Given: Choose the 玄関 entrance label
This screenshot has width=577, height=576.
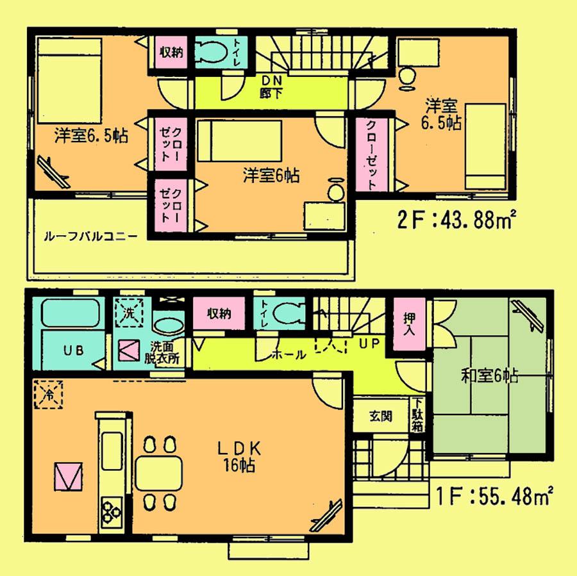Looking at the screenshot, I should pos(380,416).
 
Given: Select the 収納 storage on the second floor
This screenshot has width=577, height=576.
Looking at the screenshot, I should pos(171,53).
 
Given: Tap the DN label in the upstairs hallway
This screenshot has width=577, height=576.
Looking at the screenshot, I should pos(268,80).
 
